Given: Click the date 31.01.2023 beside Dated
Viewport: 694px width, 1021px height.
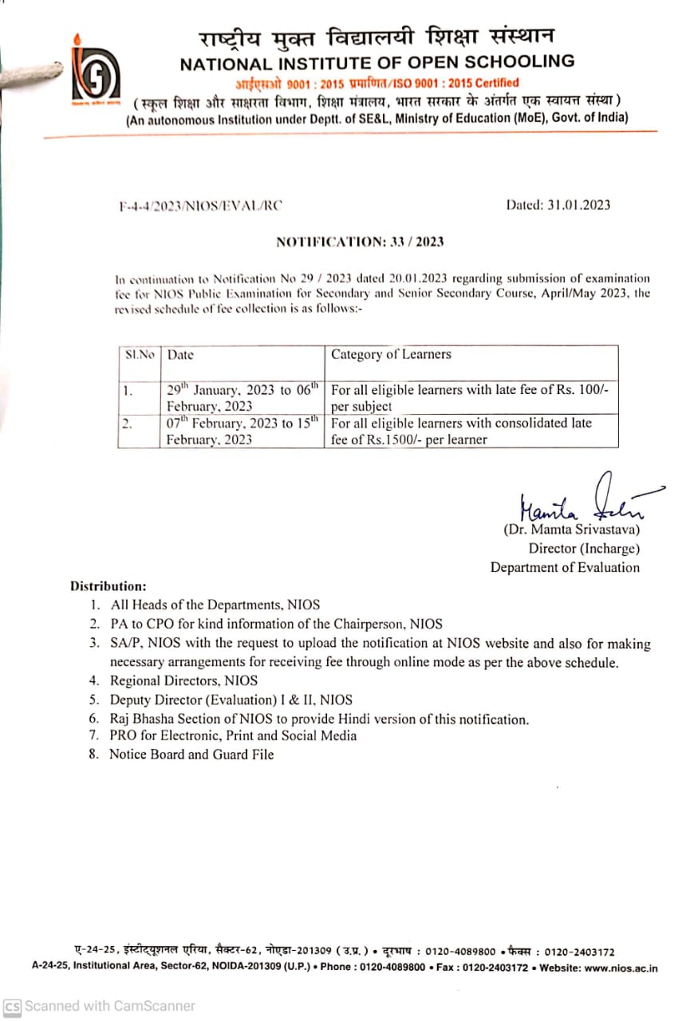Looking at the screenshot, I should click(x=579, y=205).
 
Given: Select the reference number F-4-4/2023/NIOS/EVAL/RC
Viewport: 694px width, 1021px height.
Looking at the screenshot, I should click(x=200, y=205).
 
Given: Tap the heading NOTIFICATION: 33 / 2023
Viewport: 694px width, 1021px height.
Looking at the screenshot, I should click(x=360, y=242).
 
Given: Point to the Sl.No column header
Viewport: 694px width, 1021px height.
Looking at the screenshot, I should click(x=139, y=354).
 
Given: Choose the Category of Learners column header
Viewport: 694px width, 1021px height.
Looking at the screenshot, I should click(x=391, y=354).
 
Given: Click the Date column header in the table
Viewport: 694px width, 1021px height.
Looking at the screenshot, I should click(x=180, y=354).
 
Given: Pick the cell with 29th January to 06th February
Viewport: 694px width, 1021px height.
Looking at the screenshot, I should click(x=243, y=397).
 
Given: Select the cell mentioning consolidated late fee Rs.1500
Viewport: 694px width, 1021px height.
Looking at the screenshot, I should click(x=471, y=431).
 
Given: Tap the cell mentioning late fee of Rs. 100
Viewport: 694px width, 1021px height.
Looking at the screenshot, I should click(x=471, y=397).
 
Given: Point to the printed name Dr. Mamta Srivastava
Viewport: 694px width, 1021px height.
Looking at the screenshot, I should click(x=571, y=529).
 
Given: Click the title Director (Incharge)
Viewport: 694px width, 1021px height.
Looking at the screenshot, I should click(x=584, y=548).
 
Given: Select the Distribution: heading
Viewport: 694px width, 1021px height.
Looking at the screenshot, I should click(x=108, y=585).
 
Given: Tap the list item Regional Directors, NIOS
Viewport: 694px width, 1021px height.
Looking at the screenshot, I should click(x=183, y=680).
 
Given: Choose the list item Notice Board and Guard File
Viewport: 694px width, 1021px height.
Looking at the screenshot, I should click(x=191, y=754).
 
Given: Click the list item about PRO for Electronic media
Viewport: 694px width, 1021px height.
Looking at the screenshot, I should click(x=233, y=735).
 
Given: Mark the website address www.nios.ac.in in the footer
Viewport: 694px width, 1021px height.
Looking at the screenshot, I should click(x=621, y=968).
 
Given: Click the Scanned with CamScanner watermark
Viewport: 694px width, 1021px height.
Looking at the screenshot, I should click(x=100, y=1006).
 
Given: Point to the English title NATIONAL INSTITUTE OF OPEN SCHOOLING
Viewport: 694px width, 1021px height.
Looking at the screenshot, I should click(x=377, y=61).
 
